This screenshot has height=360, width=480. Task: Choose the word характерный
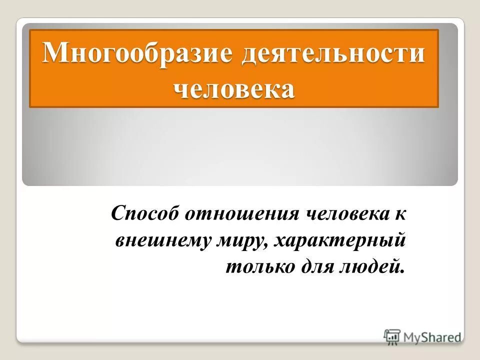click(x=340, y=241)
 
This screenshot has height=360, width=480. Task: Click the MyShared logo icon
click(x=392, y=337)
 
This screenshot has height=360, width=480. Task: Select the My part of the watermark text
click(x=411, y=337)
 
